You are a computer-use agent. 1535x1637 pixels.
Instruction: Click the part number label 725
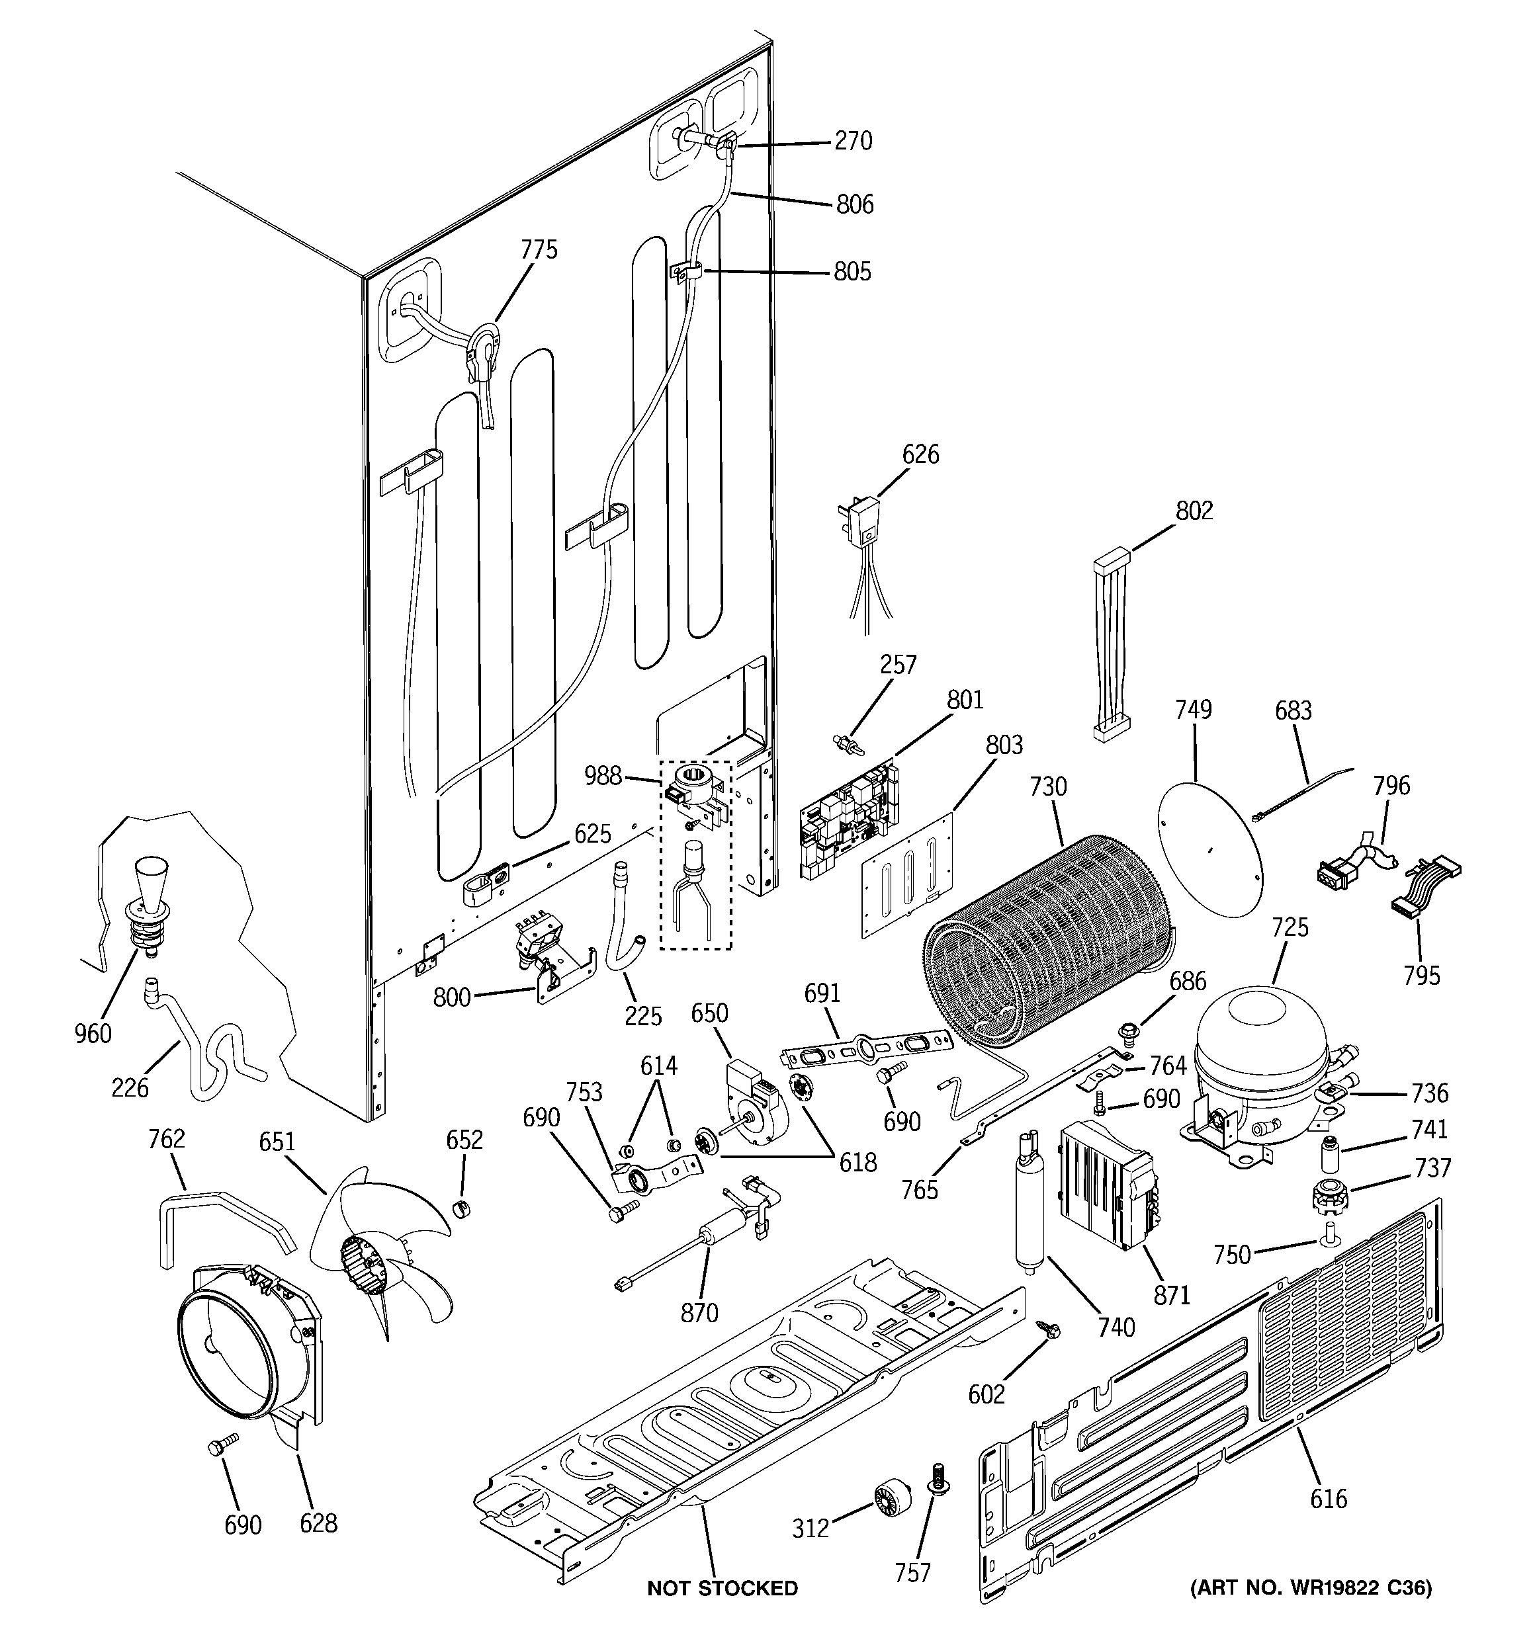coord(1290,927)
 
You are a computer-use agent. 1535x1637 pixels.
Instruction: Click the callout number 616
coord(1328,1498)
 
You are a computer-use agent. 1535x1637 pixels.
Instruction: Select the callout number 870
coord(699,1312)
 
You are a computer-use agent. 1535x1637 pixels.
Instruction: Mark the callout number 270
coord(853,141)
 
